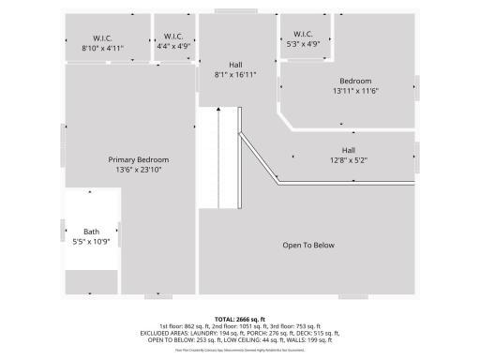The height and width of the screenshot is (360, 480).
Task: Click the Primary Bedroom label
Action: [138, 160]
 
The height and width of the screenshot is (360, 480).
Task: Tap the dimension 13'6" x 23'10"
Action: [138, 171]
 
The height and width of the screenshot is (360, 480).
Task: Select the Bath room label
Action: [91, 232]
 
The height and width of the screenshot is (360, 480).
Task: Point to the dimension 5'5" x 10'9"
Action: [91, 242]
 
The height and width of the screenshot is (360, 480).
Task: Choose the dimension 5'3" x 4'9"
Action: [302, 43]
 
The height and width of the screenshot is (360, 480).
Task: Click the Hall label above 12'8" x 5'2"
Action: [348, 150]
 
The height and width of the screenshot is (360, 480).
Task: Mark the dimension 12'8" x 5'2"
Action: [348, 160]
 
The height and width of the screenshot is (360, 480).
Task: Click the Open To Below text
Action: [308, 246]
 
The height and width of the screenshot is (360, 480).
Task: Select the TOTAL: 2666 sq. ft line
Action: [240, 319]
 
